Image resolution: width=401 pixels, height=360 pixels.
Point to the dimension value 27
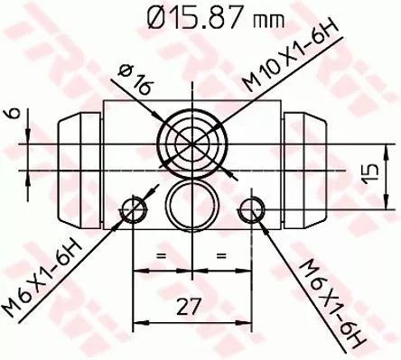point(189,308)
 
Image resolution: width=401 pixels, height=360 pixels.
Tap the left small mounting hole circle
point(135,210)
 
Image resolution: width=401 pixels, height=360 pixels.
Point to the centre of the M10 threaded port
point(192,142)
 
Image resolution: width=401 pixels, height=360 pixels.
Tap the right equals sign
point(220,258)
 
